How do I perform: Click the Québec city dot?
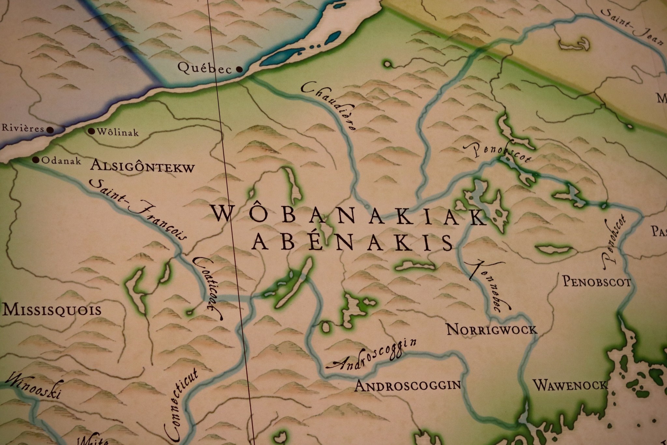pos(239,69)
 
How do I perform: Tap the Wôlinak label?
pos(118,133)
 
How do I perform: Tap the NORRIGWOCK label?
pos(491,330)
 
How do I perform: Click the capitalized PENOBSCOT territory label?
pos(597,282)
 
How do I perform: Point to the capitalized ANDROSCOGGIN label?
pos(407,386)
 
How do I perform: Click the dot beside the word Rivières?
pos(50,129)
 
